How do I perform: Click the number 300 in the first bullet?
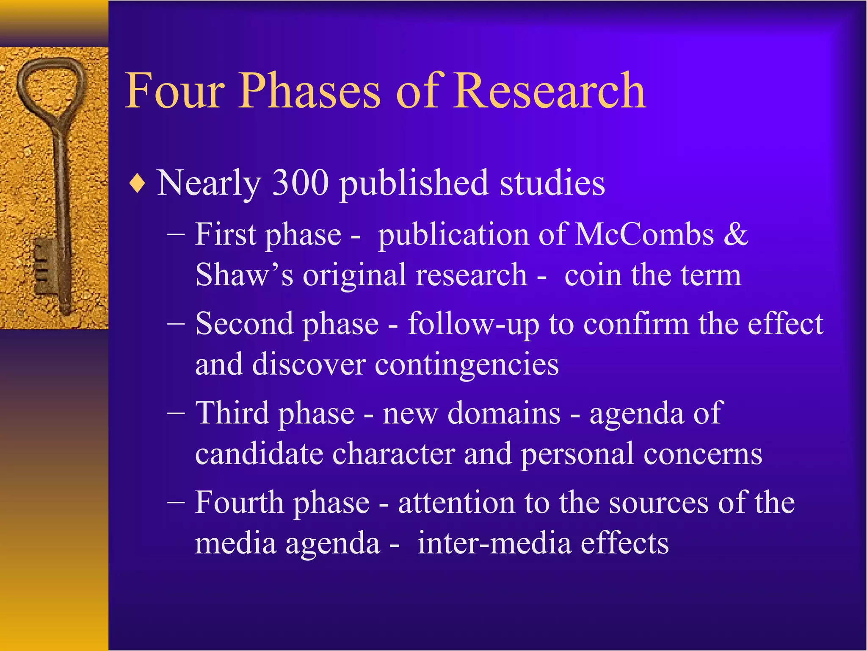pos(300,183)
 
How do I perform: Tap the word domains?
pos(504,413)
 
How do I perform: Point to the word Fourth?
pos(239,503)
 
